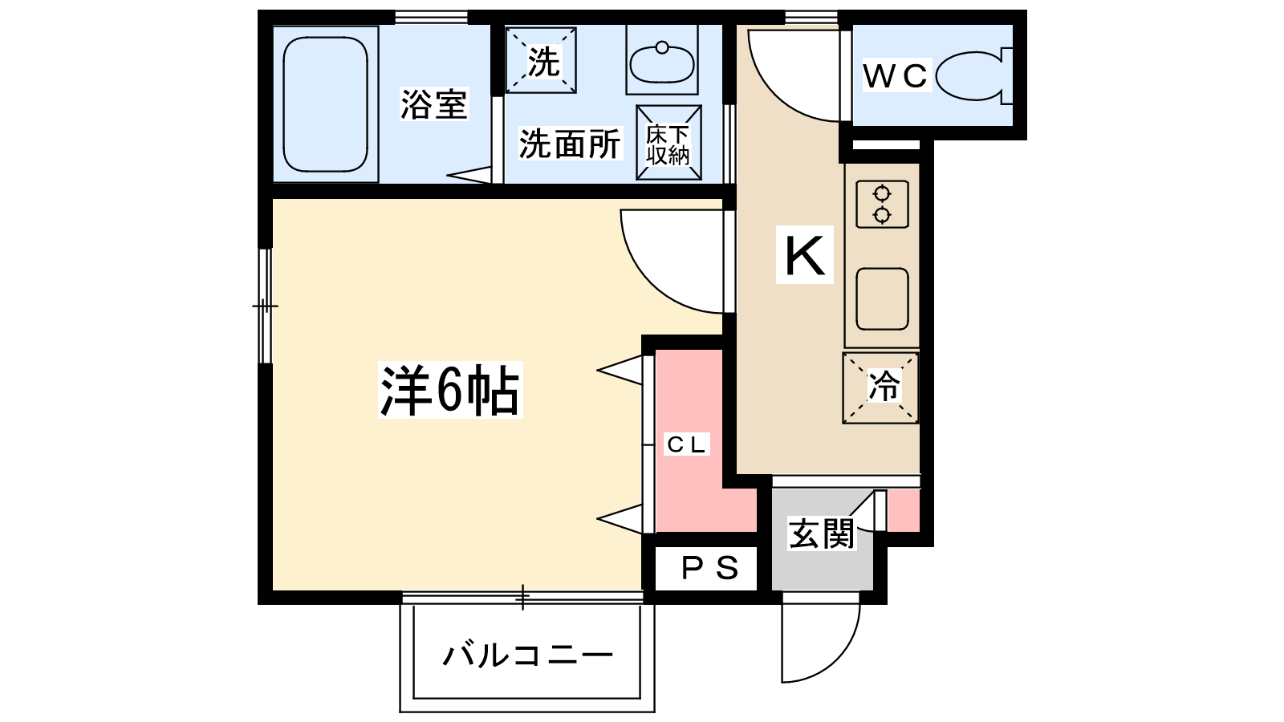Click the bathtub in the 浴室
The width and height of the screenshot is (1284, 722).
(x=325, y=104)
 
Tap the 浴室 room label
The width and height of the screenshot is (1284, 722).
(x=433, y=104)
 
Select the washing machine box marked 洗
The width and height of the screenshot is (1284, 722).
(x=542, y=60)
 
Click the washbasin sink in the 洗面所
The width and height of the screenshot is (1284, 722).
(x=662, y=63)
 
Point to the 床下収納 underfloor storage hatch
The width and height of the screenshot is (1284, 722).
(x=668, y=144)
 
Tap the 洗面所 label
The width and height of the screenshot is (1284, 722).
(x=569, y=144)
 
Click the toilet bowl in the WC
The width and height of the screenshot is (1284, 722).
(x=971, y=76)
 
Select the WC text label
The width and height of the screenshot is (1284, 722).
(x=895, y=76)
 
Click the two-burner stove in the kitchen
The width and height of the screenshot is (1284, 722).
(x=882, y=204)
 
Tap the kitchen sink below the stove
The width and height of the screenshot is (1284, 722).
(x=882, y=299)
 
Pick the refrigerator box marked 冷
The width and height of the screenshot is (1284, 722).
(x=881, y=387)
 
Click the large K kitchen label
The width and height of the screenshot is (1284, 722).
(x=804, y=255)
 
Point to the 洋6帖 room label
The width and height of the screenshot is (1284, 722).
(x=449, y=391)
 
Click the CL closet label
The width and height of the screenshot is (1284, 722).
(x=686, y=444)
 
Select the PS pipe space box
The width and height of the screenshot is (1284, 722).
(x=708, y=568)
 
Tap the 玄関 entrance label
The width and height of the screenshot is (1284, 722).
(x=821, y=533)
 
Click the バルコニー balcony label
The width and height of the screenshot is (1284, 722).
(x=527, y=655)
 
